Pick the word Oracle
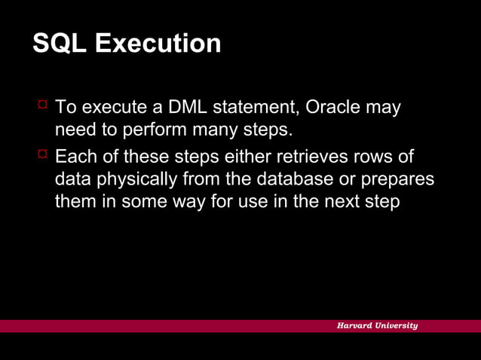click(335, 108)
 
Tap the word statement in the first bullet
click(250, 108)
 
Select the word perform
click(151, 130)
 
